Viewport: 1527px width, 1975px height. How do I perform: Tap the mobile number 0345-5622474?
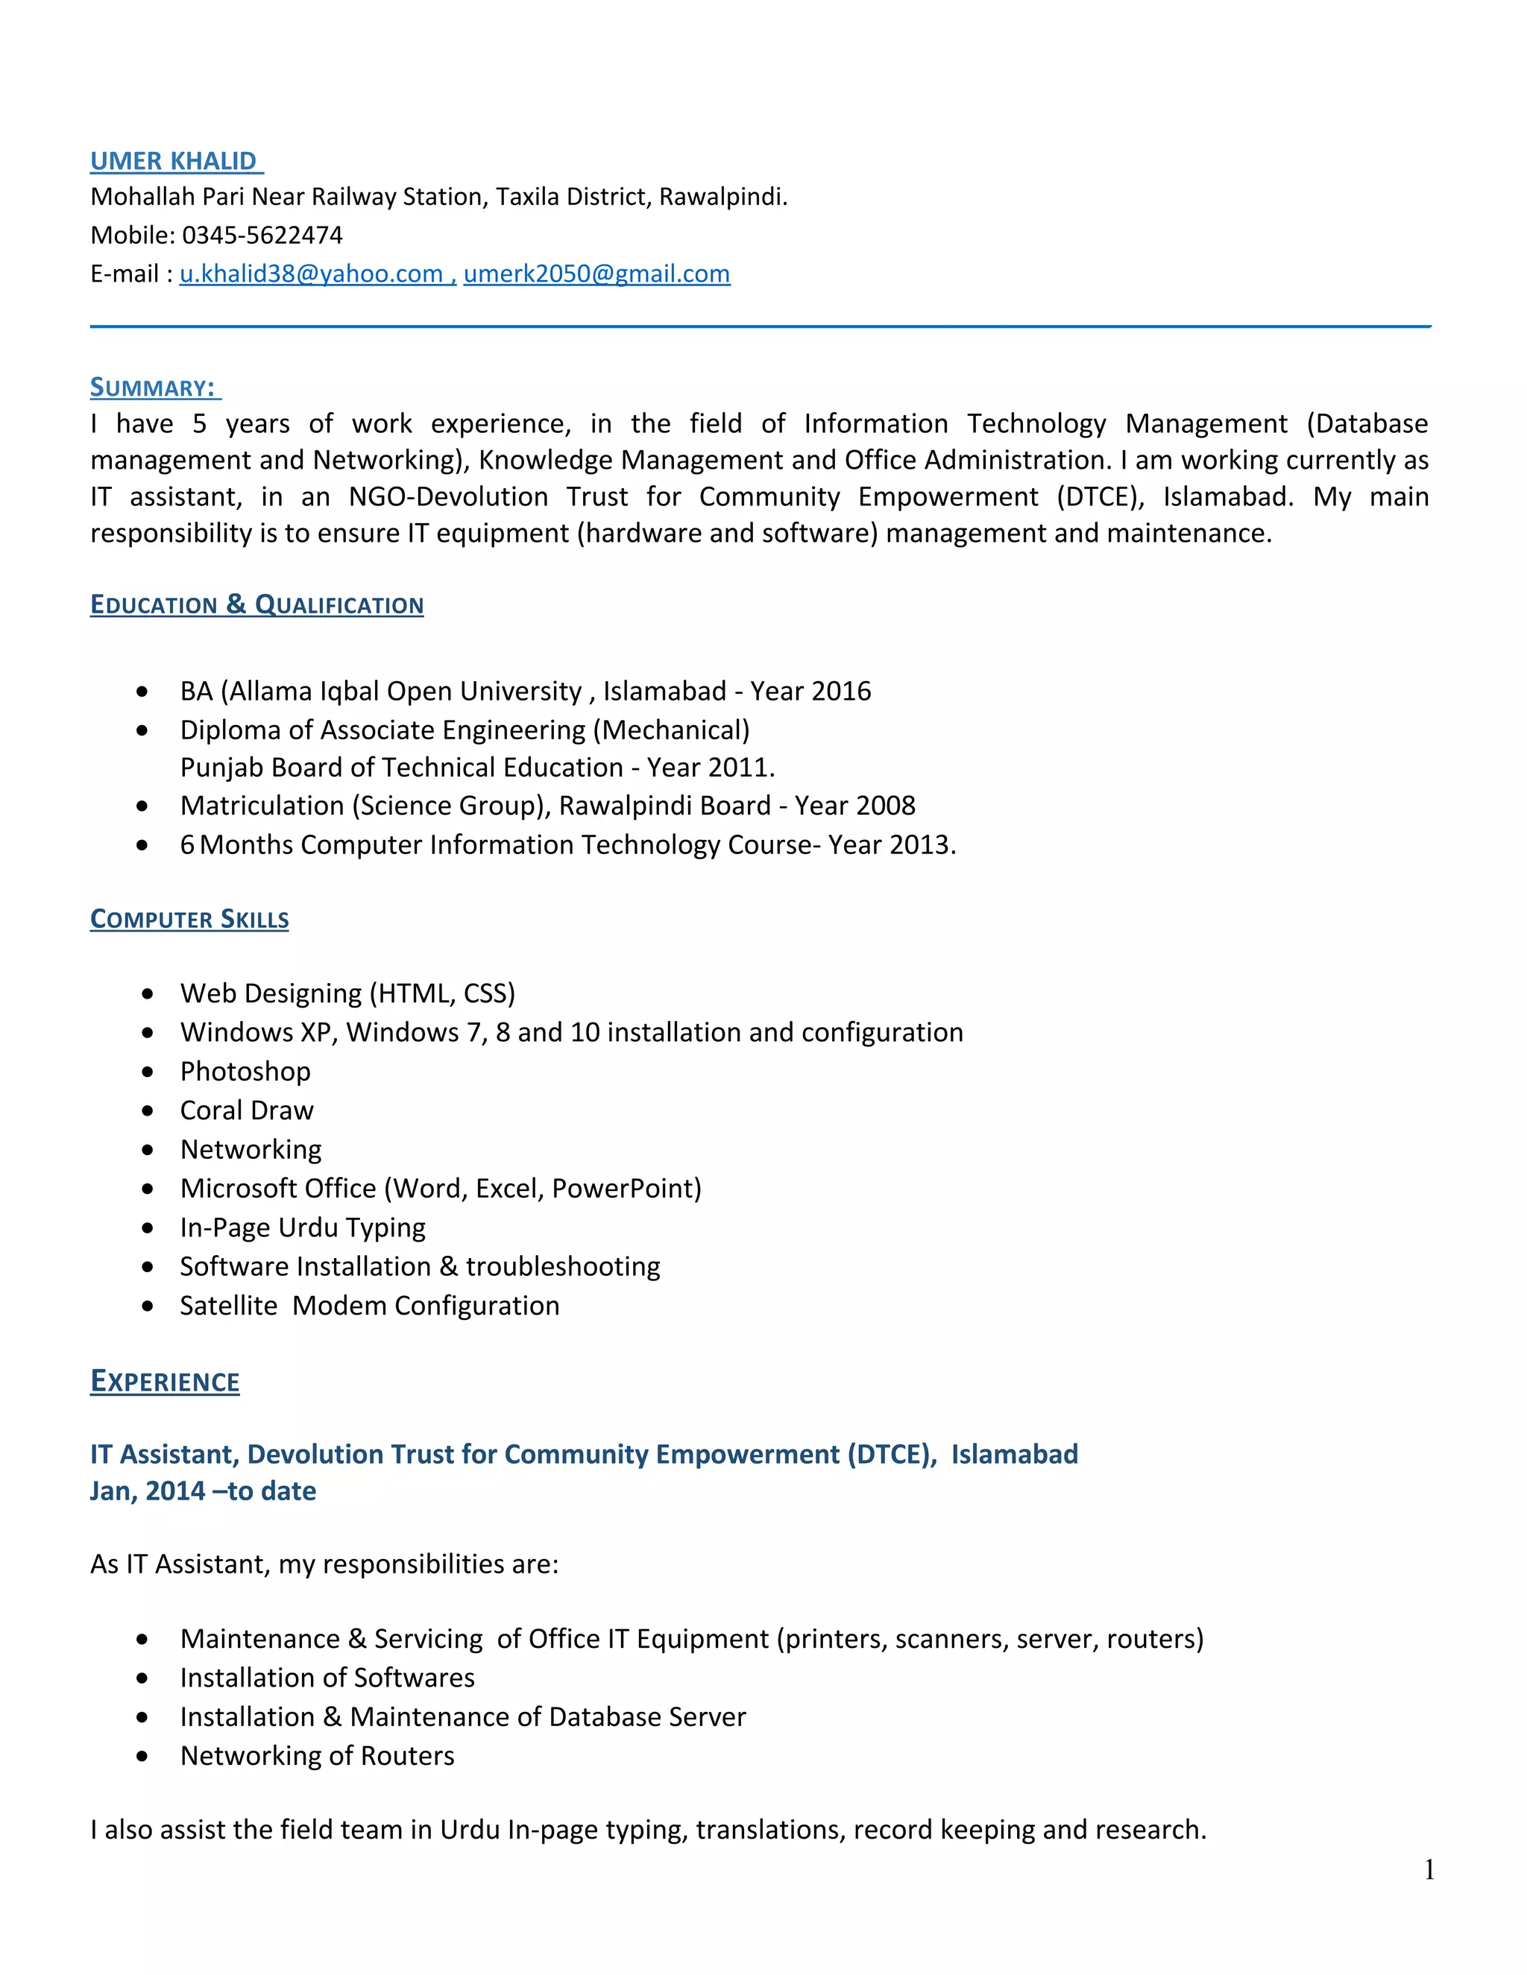262,235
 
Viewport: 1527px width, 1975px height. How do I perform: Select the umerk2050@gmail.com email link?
596,274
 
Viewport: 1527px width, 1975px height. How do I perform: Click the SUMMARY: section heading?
153,388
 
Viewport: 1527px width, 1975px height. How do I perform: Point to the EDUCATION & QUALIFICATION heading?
257,604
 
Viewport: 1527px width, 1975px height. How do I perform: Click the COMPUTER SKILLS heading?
189,919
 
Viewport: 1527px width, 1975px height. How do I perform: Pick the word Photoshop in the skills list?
245,1072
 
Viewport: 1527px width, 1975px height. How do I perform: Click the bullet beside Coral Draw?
148,1110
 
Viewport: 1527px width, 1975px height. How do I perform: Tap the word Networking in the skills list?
251,1149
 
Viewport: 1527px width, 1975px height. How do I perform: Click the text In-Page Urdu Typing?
302,1228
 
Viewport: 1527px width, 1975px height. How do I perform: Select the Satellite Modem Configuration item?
369,1306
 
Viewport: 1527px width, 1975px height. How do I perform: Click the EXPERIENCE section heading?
165,1382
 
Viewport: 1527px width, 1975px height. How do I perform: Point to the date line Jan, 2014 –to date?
203,1491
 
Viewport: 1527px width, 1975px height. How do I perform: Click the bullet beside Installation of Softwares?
142,1678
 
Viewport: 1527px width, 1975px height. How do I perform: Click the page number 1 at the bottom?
1429,1870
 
